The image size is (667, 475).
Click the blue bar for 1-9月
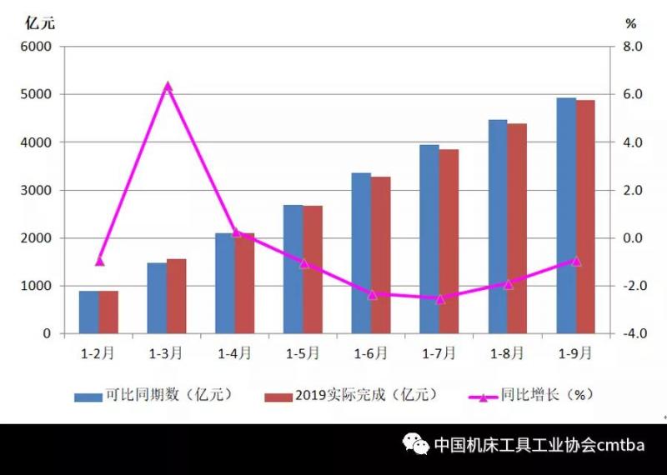click(566, 216)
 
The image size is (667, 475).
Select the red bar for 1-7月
click(449, 242)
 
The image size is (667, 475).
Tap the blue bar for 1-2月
click(89, 312)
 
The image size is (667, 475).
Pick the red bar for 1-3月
click(177, 297)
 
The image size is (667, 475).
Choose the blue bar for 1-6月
click(361, 253)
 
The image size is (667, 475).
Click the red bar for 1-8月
click(517, 228)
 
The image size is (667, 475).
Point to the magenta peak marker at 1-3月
click(168, 86)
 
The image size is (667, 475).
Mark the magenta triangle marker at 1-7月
click(440, 298)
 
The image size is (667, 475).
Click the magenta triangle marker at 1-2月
click(99, 261)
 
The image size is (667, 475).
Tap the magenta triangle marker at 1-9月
click(576, 261)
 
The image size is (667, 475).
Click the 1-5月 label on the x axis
click(303, 352)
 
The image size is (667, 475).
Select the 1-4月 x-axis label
click(235, 352)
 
